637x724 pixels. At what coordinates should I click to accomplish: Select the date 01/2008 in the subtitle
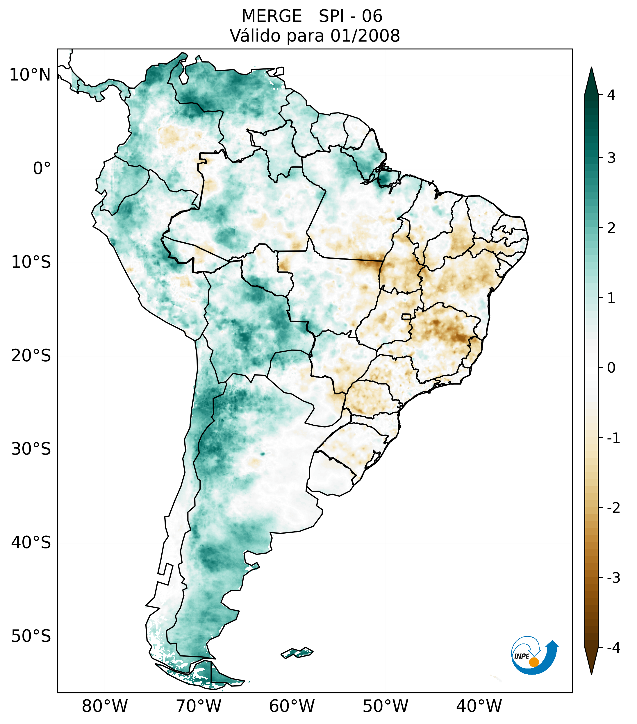tap(365, 36)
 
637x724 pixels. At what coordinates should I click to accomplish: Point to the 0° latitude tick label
tap(42, 169)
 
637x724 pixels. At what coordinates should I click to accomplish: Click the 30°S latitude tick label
tap(31, 449)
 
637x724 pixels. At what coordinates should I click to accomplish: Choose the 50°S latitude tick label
tap(31, 636)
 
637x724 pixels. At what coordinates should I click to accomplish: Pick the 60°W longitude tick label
tap(292, 706)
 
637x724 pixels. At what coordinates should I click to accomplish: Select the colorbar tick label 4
tap(611, 95)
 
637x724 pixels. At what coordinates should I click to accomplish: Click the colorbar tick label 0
tap(611, 368)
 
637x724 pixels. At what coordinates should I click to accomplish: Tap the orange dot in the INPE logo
tap(533, 662)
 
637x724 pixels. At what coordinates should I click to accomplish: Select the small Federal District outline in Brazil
tap(406, 316)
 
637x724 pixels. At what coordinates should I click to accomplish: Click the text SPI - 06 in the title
tap(350, 16)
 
